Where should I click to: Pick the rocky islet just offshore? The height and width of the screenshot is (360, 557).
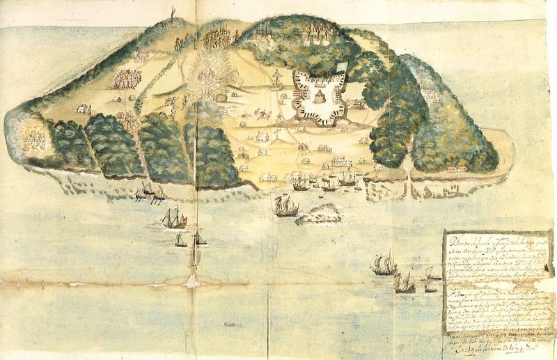[x=319, y=215]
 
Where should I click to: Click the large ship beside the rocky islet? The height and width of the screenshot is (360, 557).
[x=285, y=206]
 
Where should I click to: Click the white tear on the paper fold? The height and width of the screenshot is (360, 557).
[x=191, y=280]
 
